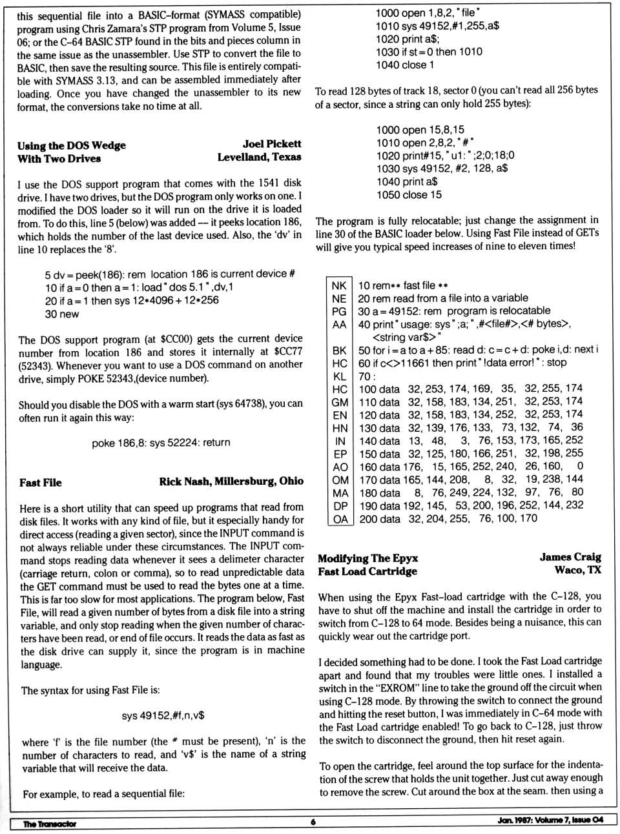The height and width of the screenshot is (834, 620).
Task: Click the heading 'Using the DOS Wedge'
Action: coord(72,145)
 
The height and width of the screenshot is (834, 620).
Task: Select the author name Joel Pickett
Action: coord(272,144)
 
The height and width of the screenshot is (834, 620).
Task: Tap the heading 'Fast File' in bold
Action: coord(41,482)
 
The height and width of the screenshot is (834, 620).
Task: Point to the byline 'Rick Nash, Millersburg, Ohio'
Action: coord(231,481)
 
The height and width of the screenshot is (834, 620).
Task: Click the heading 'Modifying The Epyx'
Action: coord(367,558)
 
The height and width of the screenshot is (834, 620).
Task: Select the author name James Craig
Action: coord(570,557)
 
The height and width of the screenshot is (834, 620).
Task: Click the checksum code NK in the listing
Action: coord(339,285)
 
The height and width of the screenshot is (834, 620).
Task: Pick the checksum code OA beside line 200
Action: coord(340,518)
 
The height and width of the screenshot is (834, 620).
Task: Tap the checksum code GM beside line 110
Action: coord(340,402)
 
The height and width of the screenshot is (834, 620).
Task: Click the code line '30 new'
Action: coord(61,314)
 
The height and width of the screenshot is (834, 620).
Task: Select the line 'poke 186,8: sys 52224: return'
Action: coord(161,443)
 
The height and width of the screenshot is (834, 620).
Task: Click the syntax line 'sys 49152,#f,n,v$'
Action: coord(163,715)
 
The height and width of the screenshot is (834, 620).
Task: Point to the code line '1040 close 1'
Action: coord(405,65)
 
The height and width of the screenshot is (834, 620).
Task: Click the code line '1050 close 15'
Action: coord(409,194)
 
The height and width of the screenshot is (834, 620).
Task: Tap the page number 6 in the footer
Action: coord(313,822)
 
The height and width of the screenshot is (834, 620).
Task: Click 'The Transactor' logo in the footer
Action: coord(50,823)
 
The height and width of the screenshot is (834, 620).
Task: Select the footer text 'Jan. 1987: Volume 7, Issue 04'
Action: coord(550,820)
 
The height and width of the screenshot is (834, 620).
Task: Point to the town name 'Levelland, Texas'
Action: coord(259,157)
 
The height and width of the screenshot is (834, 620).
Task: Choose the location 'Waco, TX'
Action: coord(577,570)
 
